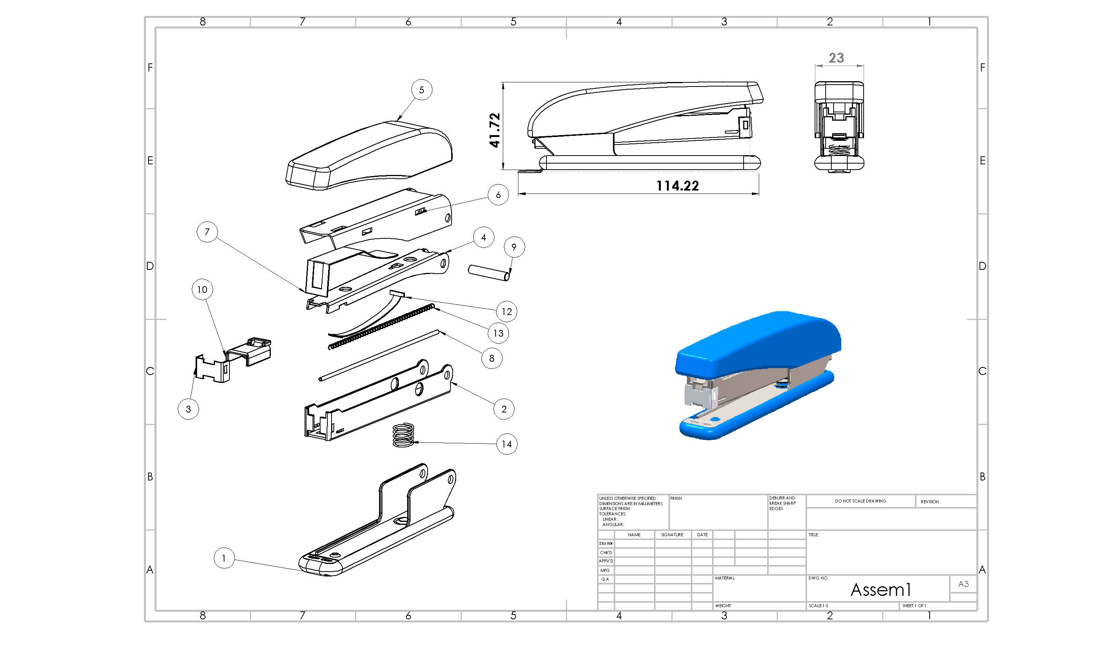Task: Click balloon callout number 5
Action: click(422, 90)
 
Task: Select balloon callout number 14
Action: click(506, 444)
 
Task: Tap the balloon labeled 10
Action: click(202, 290)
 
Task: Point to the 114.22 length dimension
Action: click(677, 186)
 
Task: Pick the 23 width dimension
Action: click(836, 58)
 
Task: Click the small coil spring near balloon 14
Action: click(403, 435)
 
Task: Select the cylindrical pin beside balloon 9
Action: click(488, 272)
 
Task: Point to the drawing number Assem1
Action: click(880, 590)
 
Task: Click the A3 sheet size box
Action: click(963, 584)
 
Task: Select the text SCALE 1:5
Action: click(818, 606)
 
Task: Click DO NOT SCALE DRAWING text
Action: click(860, 501)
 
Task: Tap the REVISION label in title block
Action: click(929, 502)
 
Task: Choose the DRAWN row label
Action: click(606, 544)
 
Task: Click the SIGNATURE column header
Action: click(672, 535)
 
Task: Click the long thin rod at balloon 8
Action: click(380, 355)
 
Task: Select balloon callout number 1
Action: click(224, 558)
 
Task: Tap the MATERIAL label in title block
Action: click(725, 578)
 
